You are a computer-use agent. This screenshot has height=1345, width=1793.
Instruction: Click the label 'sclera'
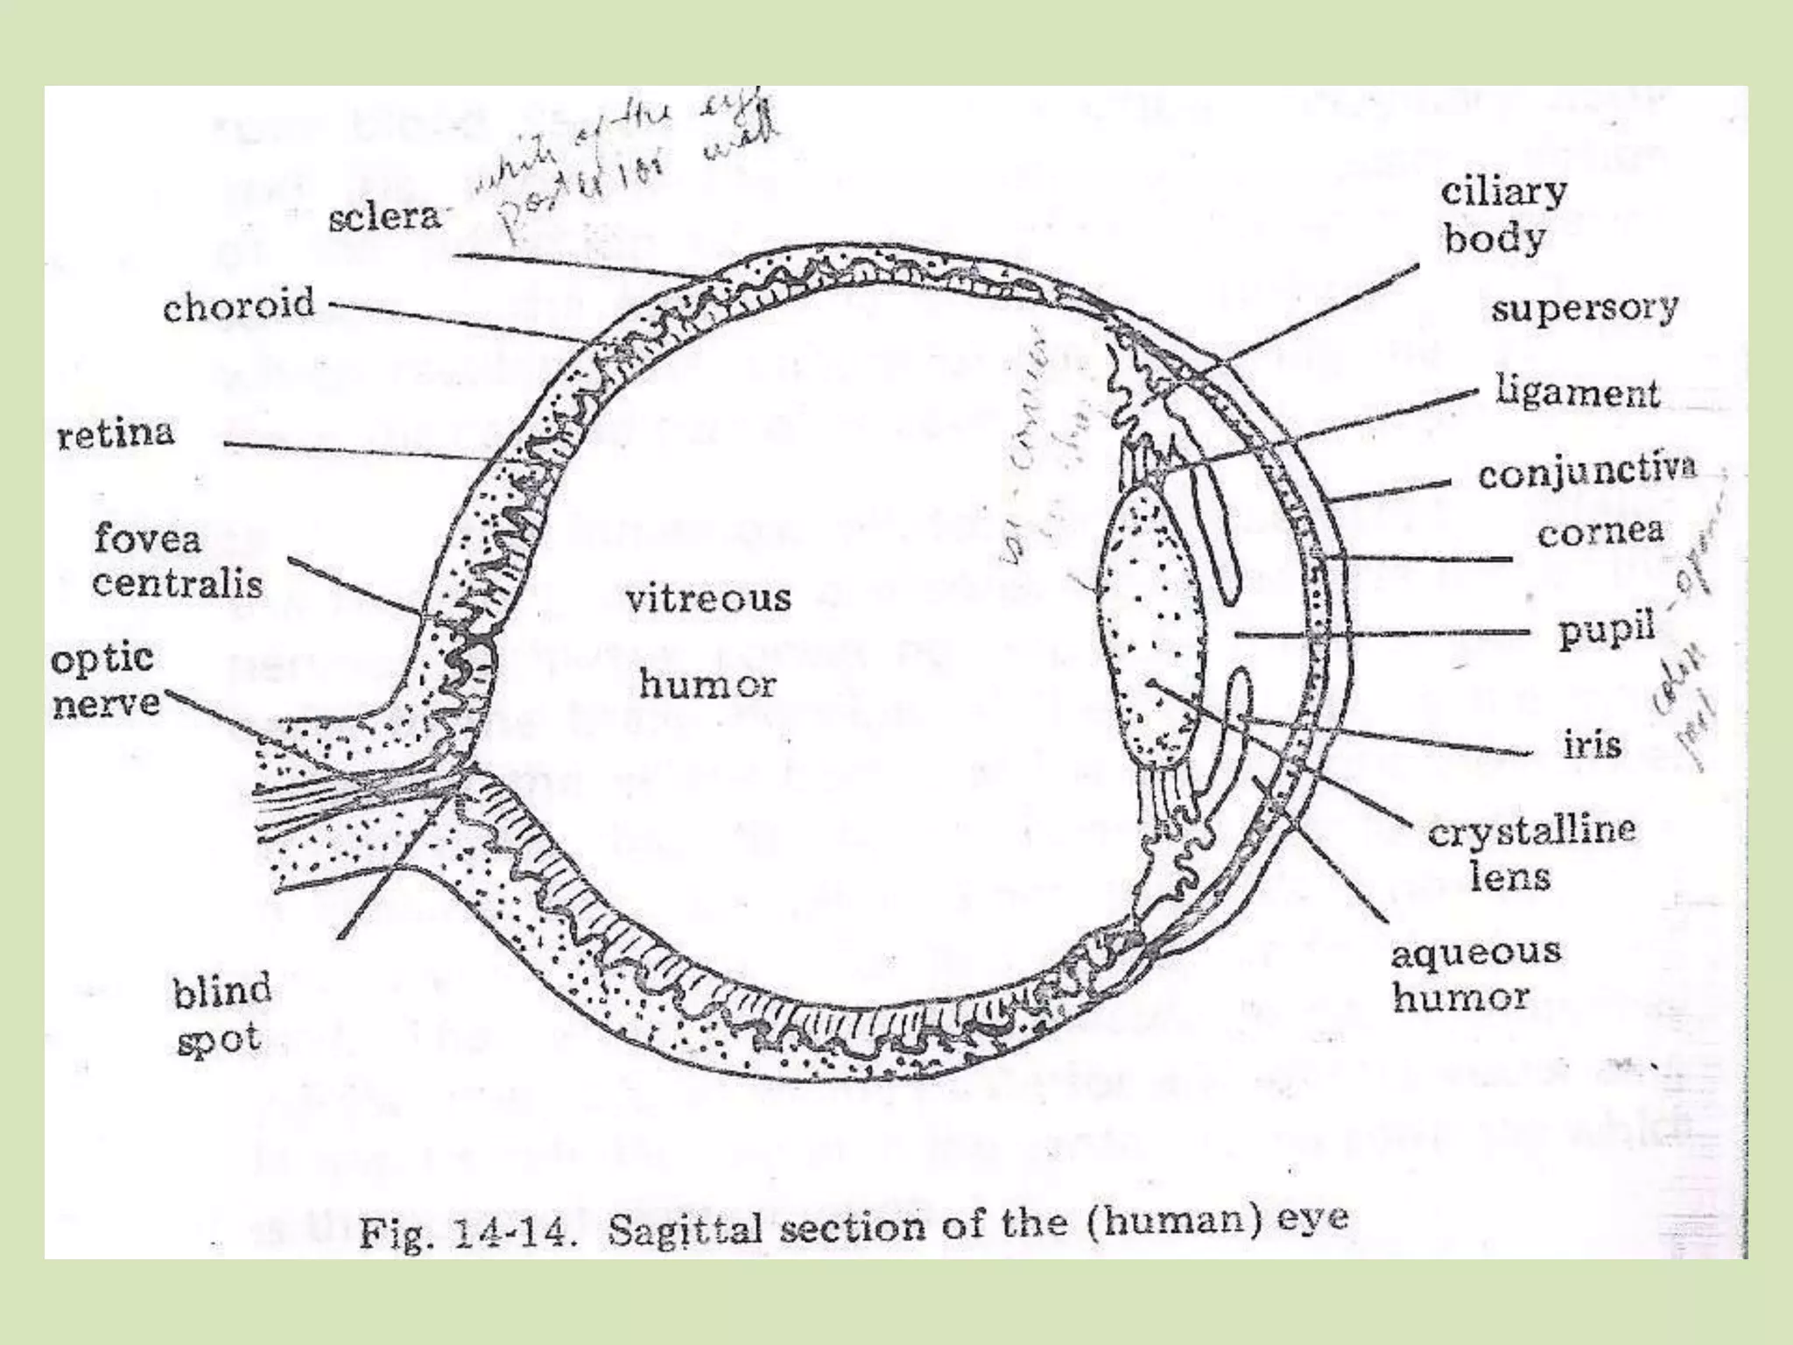click(383, 216)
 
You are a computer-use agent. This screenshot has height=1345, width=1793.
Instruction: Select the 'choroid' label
click(238, 306)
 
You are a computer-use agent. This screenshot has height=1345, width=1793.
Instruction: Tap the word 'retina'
click(116, 433)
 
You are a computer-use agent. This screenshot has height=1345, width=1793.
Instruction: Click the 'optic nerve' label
click(106, 680)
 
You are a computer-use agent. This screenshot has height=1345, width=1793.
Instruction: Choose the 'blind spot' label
click(221, 1015)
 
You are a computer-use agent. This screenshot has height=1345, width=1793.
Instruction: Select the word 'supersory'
click(1584, 307)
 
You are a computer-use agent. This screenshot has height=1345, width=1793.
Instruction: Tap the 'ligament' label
click(1577, 391)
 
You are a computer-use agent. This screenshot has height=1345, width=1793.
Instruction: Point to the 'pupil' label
click(1607, 629)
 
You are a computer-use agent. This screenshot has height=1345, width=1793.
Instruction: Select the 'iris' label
click(1593, 745)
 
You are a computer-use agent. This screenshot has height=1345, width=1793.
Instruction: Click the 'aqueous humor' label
click(1475, 974)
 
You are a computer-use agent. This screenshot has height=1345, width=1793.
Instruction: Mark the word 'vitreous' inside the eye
click(707, 599)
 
